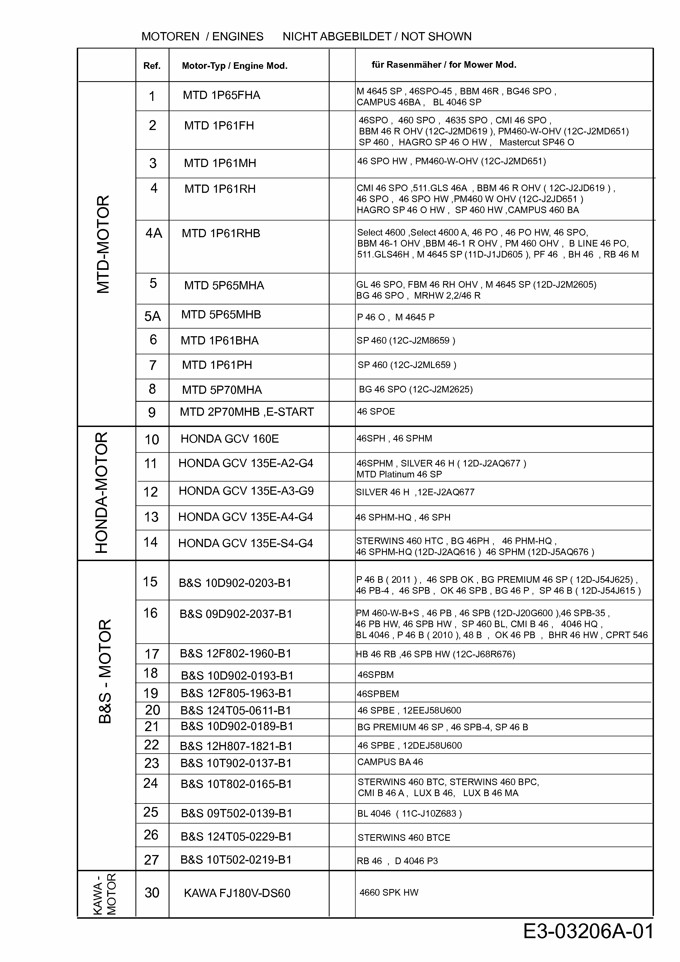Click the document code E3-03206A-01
[588, 931]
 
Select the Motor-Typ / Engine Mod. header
[235, 66]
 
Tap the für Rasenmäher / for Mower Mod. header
[444, 65]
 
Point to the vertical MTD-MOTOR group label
[103, 244]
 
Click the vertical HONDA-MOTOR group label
[102, 493]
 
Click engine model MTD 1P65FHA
[221, 95]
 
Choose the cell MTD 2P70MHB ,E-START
[247, 412]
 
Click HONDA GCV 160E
[229, 439]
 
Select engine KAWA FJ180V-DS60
[237, 893]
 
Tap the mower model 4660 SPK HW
[389, 892]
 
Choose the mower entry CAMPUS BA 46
[390, 762]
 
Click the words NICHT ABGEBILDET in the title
[337, 36]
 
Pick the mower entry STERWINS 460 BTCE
[404, 837]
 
